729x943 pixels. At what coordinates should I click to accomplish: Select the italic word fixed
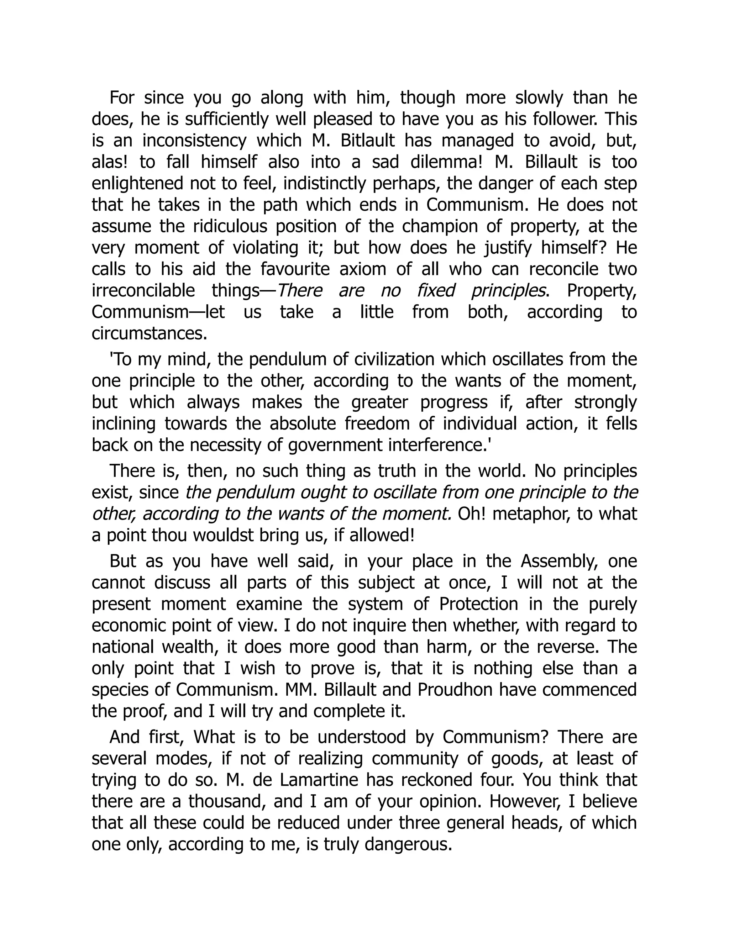coord(436,291)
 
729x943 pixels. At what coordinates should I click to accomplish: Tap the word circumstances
coord(150,334)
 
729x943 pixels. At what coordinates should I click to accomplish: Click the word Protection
coord(478,604)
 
